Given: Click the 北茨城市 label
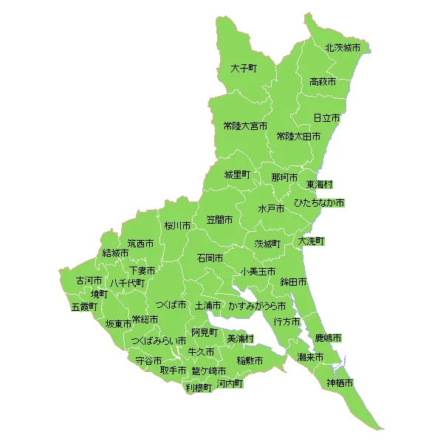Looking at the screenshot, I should point(343,47).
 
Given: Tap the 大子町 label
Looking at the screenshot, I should point(243,68).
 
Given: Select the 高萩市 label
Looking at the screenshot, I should point(323,81).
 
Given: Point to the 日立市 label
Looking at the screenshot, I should point(326,118).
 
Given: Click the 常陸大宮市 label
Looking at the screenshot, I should point(245,126).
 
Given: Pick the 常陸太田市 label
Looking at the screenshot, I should point(298,137).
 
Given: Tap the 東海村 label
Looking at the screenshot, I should point(320,184).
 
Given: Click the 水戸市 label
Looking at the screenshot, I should point(271,209).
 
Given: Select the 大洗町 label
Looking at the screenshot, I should point(311,241).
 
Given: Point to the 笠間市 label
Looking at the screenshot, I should point(219,220).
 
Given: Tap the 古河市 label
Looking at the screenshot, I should point(89,281).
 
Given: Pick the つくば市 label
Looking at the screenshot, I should point(171,305).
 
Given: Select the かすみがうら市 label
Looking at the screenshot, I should point(257,305).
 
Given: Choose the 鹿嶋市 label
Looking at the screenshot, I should point(328,337).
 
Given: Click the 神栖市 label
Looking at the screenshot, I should point(340,383).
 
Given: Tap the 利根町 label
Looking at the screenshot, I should point(199,387).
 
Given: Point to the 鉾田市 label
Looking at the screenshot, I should point(293,282).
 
